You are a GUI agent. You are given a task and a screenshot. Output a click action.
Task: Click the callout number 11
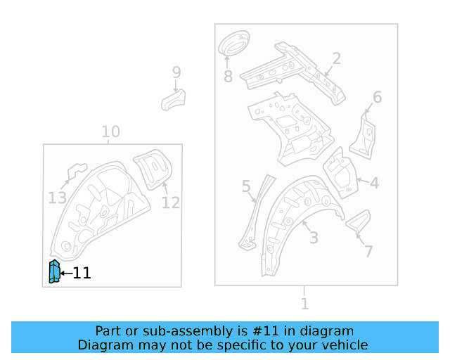pyautogui.click(x=82, y=274)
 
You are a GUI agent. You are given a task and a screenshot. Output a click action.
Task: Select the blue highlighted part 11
pyautogui.click(x=53, y=271)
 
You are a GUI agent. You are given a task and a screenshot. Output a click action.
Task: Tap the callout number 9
pyautogui.click(x=176, y=72)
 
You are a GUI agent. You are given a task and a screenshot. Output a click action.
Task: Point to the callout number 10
pyautogui.click(x=110, y=131)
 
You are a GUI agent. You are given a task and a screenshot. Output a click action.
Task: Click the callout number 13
pyautogui.click(x=57, y=198)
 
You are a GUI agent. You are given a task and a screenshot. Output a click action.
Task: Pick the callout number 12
pyautogui.click(x=171, y=202)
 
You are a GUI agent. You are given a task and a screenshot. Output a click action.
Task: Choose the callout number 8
pyautogui.click(x=228, y=76)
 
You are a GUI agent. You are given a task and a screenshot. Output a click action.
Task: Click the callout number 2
pyautogui.click(x=336, y=58)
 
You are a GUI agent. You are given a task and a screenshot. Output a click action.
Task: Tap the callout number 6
pyautogui.click(x=377, y=97)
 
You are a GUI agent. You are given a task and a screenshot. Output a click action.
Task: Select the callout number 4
pyautogui.click(x=374, y=184)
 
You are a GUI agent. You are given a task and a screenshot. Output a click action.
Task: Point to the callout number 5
pyautogui.click(x=246, y=186)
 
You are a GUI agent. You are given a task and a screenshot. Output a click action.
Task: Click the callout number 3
pyautogui.click(x=314, y=237)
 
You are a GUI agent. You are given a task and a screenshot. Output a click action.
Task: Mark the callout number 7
pyautogui.click(x=368, y=251)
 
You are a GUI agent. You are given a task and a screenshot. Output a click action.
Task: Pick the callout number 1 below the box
pyautogui.click(x=304, y=304)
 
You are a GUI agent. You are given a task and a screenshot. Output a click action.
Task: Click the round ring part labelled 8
pyautogui.click(x=234, y=44)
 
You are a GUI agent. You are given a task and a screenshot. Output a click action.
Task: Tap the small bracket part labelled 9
pyautogui.click(x=173, y=98)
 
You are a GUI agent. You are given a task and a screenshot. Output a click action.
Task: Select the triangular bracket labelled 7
pyautogui.click(x=357, y=221)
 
